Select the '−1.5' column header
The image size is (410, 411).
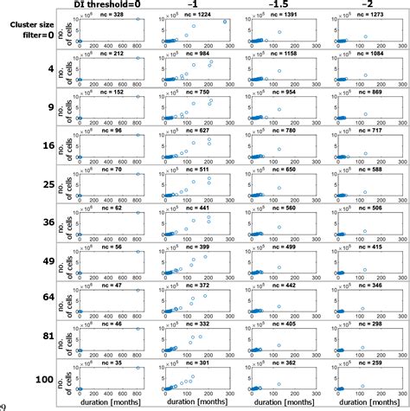coord(277,4)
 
